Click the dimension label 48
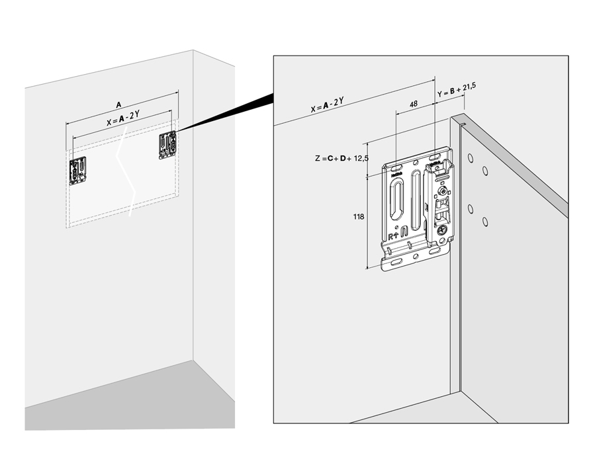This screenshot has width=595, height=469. [x=413, y=104]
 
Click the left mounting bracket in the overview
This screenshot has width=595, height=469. [x=79, y=170]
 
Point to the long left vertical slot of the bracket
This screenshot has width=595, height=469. [x=396, y=198]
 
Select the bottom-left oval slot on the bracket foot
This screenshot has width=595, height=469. [x=395, y=263]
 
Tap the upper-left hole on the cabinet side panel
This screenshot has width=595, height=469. [x=469, y=158]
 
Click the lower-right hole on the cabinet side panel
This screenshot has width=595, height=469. [x=485, y=221]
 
